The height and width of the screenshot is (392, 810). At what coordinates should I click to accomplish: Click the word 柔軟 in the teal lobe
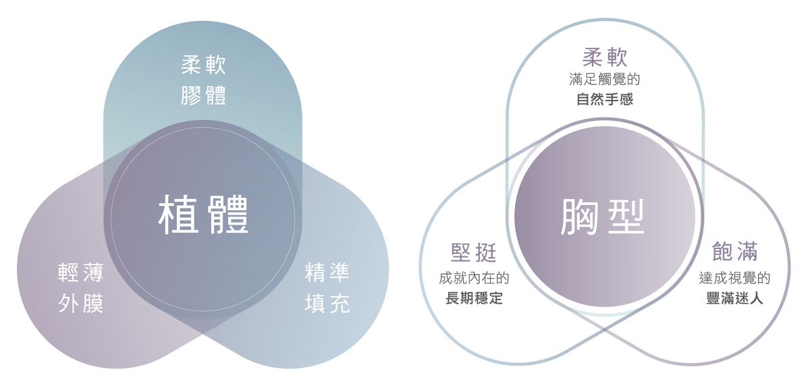point(203,66)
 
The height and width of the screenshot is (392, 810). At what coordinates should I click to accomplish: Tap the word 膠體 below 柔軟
point(203,95)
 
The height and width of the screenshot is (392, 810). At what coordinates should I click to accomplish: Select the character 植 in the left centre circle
point(179,215)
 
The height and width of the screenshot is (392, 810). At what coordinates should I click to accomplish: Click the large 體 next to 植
point(227,215)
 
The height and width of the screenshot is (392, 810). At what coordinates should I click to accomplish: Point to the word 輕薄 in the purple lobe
point(81,274)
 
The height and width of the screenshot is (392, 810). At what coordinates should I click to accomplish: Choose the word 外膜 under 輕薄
point(81,304)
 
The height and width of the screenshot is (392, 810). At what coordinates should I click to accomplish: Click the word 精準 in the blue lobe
point(327,274)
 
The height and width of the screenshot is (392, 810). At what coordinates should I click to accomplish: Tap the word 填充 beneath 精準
point(327,304)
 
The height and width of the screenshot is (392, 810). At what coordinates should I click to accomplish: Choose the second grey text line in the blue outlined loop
point(474,297)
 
